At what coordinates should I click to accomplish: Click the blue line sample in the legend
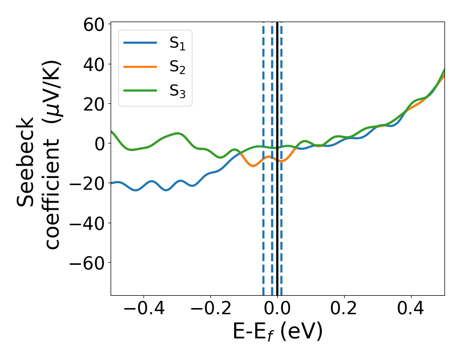140,43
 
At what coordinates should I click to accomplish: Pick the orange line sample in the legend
140,66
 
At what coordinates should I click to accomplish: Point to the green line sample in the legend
140,90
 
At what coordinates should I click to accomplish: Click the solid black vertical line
277,231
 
